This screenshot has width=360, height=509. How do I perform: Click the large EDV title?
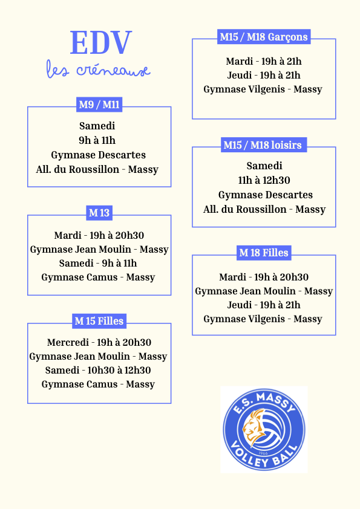[100, 42]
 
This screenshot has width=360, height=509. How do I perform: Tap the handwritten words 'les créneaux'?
[98, 69]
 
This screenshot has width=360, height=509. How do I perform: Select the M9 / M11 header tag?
[99, 105]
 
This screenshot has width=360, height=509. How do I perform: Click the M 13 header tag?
[99, 213]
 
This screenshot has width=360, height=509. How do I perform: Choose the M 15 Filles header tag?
[99, 321]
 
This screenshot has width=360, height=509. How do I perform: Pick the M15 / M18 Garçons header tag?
[264, 37]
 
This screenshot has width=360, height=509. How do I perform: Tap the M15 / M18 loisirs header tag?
[264, 144]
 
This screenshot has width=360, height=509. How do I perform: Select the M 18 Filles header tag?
[264, 253]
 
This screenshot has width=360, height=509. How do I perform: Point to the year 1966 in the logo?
[263, 453]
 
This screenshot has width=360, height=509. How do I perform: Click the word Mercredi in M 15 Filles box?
[68, 342]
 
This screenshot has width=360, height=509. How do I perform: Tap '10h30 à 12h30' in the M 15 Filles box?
[119, 370]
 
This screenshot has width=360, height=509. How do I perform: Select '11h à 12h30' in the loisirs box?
[264, 180]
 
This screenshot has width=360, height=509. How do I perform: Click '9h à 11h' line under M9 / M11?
[97, 140]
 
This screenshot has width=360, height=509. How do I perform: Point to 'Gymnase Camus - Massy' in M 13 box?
[98, 277]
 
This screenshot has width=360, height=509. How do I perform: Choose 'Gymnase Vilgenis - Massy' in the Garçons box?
[263, 89]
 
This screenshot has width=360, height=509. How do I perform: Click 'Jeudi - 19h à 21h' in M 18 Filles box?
[264, 305]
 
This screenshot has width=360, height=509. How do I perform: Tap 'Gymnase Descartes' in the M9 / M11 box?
[99, 155]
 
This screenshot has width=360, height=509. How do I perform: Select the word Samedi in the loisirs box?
[264, 166]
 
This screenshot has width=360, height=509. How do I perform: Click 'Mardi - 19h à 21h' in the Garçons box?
[264, 61]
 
